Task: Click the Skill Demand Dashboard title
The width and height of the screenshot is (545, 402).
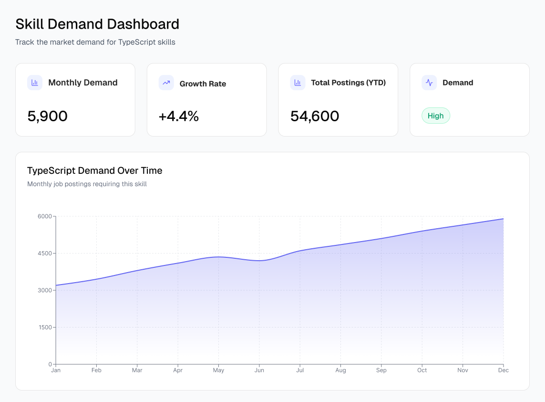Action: [x=97, y=24]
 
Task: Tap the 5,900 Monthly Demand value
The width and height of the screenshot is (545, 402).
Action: [x=48, y=116]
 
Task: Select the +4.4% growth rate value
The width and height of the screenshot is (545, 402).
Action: [x=178, y=116]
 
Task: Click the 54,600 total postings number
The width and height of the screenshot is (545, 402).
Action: [x=315, y=116]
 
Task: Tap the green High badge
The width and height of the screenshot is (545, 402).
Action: [x=435, y=116]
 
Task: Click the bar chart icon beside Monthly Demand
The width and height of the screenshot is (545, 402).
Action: [x=35, y=83]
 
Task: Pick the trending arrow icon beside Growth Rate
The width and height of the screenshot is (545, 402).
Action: [x=166, y=83]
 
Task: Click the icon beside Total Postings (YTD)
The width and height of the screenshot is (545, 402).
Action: [x=298, y=83]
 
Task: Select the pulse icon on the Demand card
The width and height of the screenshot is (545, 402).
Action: [x=429, y=83]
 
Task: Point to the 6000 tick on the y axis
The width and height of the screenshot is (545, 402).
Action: [x=44, y=216]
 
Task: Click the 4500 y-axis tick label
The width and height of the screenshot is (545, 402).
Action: [x=44, y=254]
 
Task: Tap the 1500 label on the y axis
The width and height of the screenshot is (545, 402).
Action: [x=44, y=328]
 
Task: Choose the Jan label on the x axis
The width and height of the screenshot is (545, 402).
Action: [x=56, y=370]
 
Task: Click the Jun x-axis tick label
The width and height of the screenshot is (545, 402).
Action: [x=259, y=370]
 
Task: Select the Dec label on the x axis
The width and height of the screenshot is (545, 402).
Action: [x=504, y=370]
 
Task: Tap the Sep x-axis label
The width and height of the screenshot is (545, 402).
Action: [x=381, y=370]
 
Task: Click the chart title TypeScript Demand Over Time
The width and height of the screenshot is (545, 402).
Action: [x=95, y=170]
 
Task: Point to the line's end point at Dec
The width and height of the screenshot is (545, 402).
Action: [x=504, y=219]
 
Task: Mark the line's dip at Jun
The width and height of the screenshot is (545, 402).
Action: [x=259, y=261]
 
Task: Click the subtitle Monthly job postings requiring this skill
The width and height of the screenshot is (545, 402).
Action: [x=87, y=184]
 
